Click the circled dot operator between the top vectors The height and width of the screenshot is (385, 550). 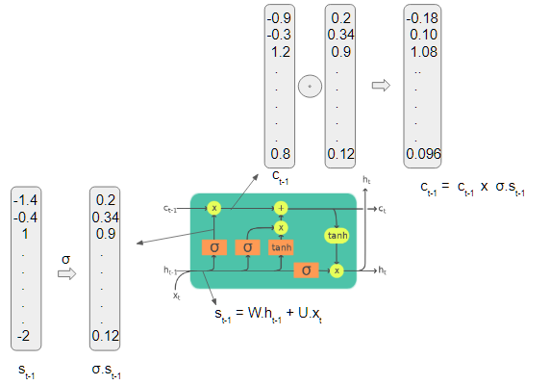click(x=309, y=86)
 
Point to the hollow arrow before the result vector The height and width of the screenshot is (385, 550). click(x=382, y=85)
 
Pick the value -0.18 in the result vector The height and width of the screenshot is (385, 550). click(x=422, y=17)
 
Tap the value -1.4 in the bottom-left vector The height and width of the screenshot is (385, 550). click(x=25, y=199)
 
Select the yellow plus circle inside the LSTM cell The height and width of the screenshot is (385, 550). click(x=281, y=207)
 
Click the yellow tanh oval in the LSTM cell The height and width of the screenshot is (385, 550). click(x=337, y=236)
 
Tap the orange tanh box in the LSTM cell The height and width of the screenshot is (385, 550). click(x=281, y=246)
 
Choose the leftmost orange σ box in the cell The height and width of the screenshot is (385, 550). click(x=214, y=246)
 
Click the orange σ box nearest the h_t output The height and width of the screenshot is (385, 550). click(x=306, y=270)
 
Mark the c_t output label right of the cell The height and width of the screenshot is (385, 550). click(x=383, y=209)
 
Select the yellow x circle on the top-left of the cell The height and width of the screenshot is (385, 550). click(x=214, y=207)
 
